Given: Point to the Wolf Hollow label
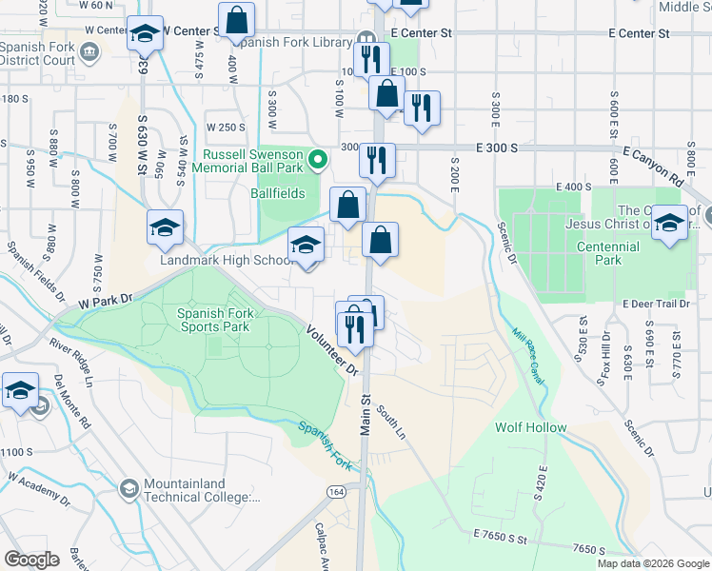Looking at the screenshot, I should pos(530,427).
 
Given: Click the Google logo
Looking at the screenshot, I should pos(31,560).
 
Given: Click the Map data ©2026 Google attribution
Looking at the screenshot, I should pos(653,562).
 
